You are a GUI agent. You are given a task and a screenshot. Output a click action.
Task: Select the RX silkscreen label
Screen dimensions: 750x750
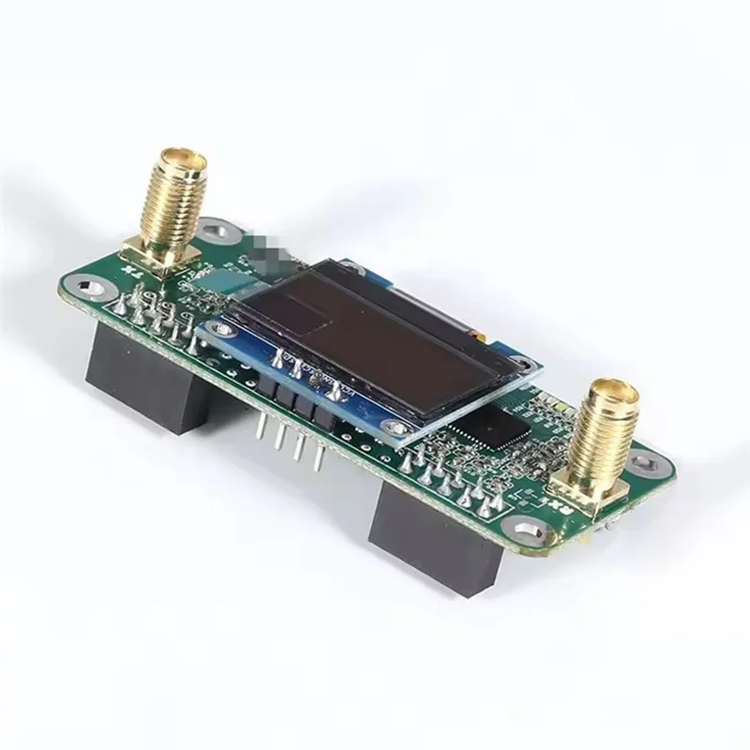[562, 505]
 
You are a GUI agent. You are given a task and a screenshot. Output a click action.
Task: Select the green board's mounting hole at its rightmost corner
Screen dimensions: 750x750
[643, 461]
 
